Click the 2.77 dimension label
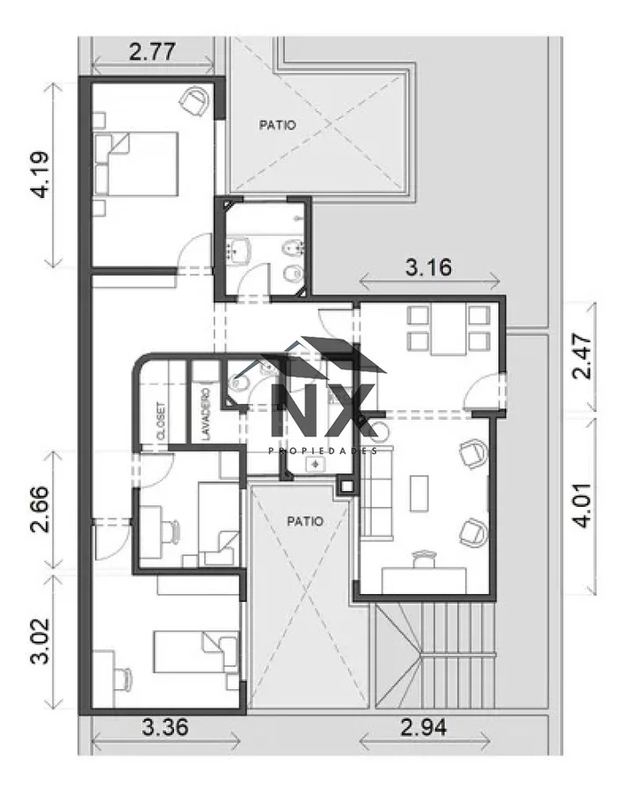(x=152, y=52)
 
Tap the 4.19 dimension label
(x=40, y=174)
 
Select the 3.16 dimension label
(x=428, y=268)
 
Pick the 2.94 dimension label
(x=423, y=728)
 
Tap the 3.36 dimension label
(x=165, y=728)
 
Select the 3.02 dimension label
(x=40, y=641)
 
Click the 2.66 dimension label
(x=40, y=510)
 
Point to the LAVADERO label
(x=206, y=414)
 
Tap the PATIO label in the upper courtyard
(x=278, y=125)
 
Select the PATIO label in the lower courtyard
(x=305, y=521)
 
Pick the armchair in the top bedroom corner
(x=194, y=101)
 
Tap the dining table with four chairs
(x=448, y=329)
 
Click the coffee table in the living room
(x=419, y=493)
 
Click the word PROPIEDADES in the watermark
(x=323, y=451)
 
